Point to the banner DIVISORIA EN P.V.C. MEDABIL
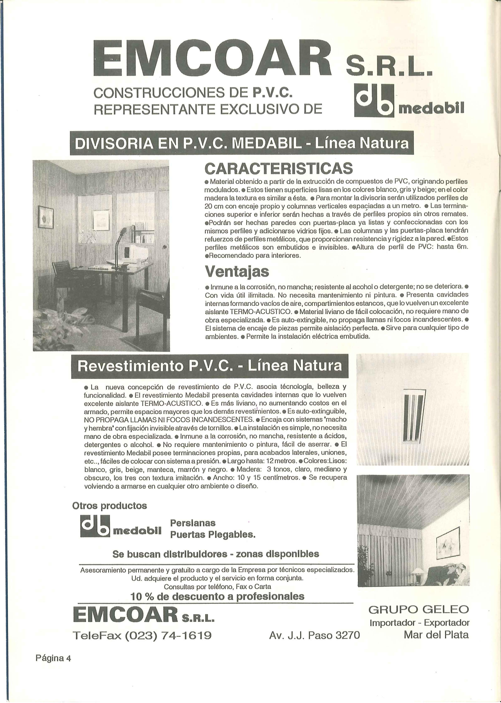pos(241,144)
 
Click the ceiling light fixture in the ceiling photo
pos(414,416)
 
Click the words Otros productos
pos(110,506)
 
